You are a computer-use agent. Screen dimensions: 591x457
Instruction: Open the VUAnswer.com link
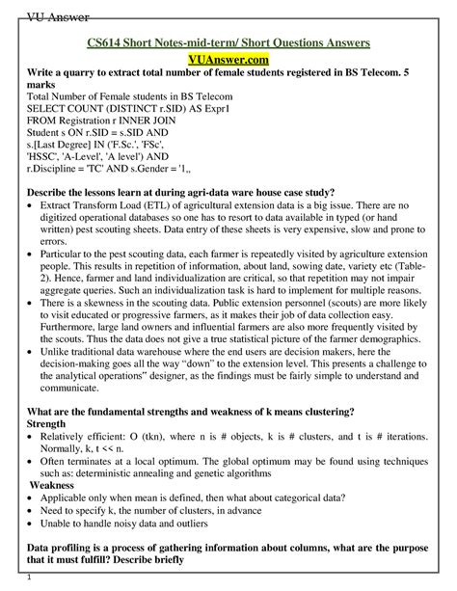coord(228,62)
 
